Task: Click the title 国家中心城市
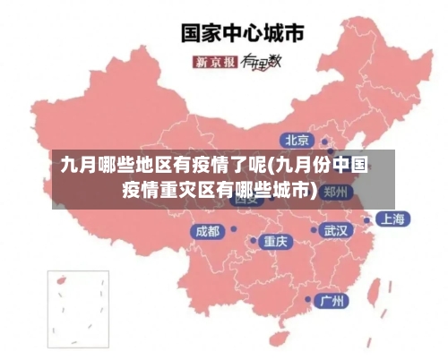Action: (243, 33)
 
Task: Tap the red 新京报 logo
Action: (215, 62)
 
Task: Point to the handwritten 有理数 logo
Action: (261, 61)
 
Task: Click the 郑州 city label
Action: (336, 192)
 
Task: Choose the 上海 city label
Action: (391, 219)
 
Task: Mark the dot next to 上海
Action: (366, 219)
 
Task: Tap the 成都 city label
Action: (206, 231)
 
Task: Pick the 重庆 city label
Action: (275, 242)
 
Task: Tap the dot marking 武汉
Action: (313, 230)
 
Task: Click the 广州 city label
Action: (332, 300)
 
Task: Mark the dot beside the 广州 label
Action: (308, 300)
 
